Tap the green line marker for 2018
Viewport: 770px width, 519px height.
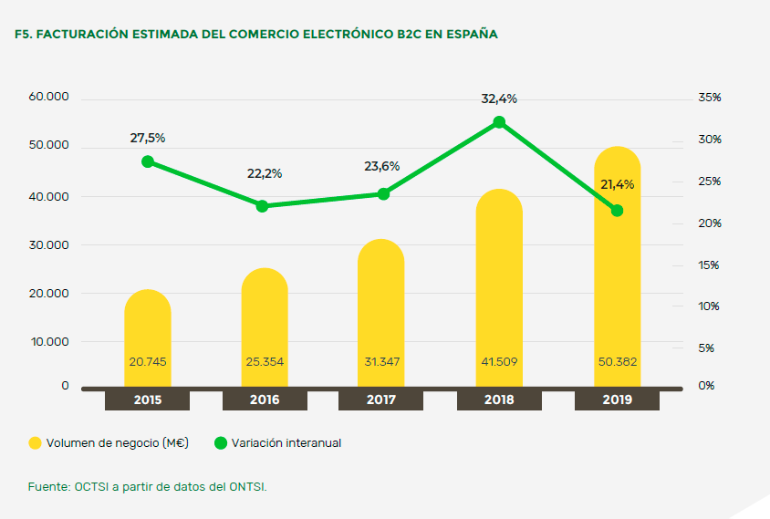499,122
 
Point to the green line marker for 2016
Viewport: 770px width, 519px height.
262,206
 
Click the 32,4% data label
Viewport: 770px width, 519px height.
499,99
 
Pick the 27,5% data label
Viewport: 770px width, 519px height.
148,138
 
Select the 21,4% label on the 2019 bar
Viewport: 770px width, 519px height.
618,184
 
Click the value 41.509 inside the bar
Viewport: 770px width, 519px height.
499,362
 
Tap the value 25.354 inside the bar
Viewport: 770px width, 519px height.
265,362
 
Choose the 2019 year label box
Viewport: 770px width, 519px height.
616,400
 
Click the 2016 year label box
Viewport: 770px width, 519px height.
265,400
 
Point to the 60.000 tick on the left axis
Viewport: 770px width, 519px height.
49,98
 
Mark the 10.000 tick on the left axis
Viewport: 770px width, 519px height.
49,342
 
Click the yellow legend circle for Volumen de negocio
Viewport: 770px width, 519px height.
36,443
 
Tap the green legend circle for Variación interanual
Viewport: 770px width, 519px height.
220,443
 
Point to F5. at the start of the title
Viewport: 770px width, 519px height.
25,34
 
